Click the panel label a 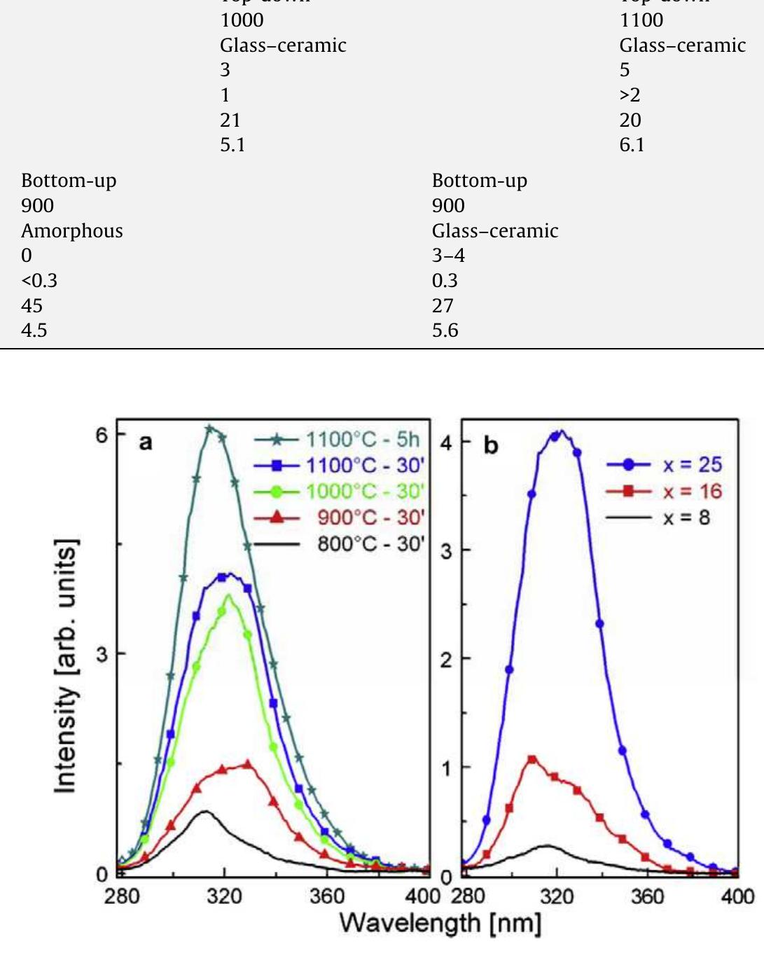(146, 442)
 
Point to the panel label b (491, 445)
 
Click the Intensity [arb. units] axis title (66, 666)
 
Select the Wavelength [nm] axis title (440, 924)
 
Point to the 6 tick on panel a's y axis (102, 435)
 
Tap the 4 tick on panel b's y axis (446, 443)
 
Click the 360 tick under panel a (326, 896)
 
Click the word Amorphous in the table (72, 231)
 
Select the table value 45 (32, 306)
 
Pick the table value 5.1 (232, 145)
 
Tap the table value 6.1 (632, 145)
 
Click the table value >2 (630, 95)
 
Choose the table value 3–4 (448, 256)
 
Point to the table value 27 (443, 306)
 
